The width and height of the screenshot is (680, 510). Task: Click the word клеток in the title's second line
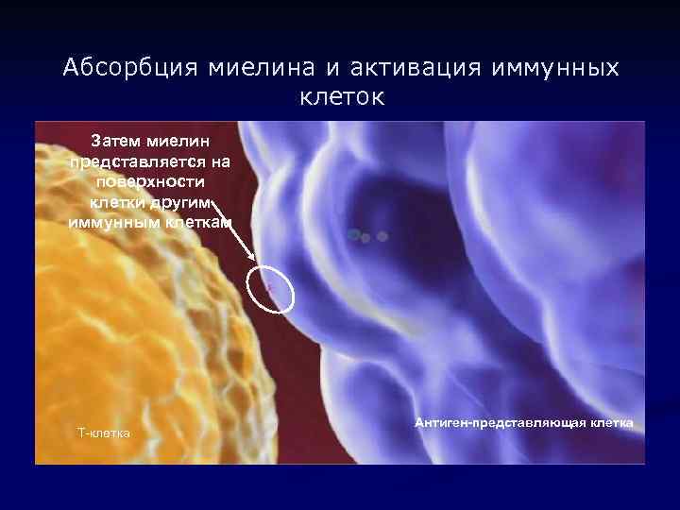[x=342, y=97]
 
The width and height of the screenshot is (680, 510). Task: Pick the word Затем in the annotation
[x=115, y=142]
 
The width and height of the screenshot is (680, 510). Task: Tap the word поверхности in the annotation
[x=149, y=181]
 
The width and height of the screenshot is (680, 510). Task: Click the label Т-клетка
[x=104, y=433]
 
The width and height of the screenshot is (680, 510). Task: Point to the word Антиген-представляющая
[x=500, y=422]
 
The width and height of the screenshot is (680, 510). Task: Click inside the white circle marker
[x=272, y=288]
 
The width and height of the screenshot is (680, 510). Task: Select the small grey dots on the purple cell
[x=366, y=236]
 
